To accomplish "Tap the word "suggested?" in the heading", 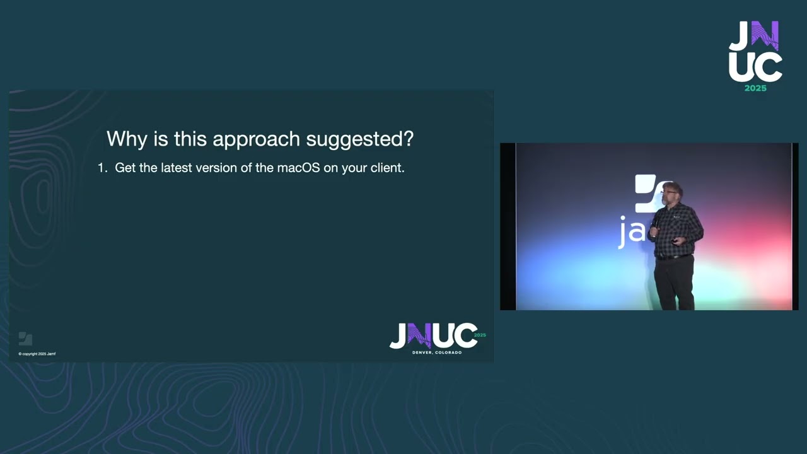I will pos(359,139).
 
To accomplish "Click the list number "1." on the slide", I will pos(103,168).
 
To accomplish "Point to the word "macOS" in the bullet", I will pos(298,168).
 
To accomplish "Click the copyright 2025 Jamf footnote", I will pos(37,354).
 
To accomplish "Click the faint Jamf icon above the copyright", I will pos(25,339).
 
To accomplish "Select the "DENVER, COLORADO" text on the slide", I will pos(436,352).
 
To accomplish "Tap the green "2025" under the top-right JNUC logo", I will pos(755,88).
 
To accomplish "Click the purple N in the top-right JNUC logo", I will pos(765,36).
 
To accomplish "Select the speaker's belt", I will pos(673,257).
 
